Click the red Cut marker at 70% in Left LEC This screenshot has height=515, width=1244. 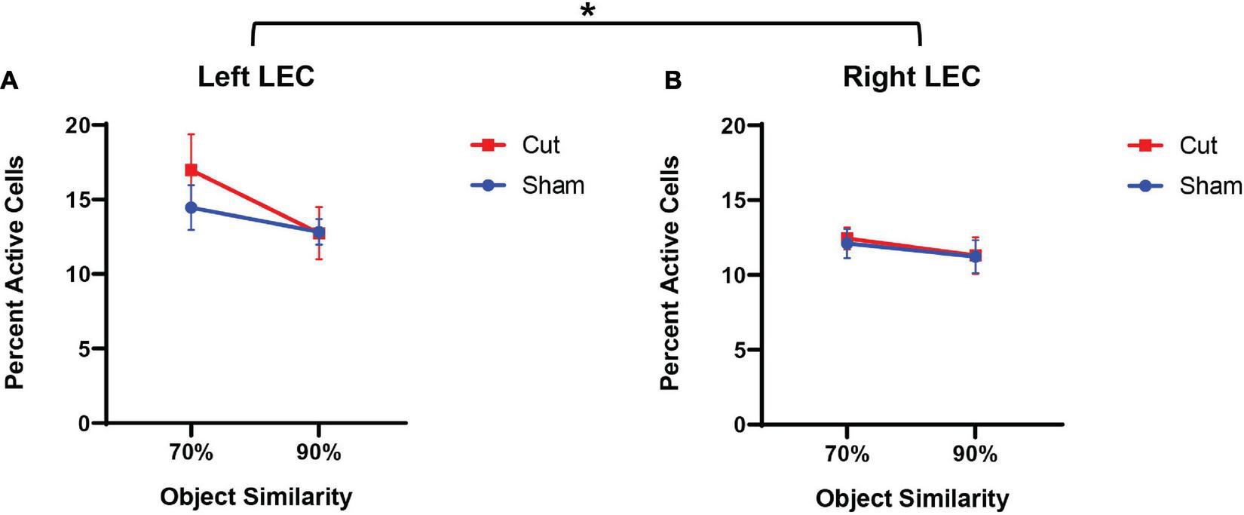click(x=192, y=170)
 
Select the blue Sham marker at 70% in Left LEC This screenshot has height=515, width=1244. click(x=192, y=207)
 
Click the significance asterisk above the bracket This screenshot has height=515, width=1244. click(x=587, y=11)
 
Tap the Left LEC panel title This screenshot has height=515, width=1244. click(x=256, y=77)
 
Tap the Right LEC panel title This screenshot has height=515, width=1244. click(x=912, y=77)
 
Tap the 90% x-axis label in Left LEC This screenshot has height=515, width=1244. click(x=318, y=452)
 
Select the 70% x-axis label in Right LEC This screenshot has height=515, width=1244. click(x=847, y=454)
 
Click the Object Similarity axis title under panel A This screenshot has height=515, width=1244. click(x=256, y=497)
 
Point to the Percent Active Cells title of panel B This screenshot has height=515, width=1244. click(x=669, y=274)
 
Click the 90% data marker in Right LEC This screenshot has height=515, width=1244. click(x=975, y=256)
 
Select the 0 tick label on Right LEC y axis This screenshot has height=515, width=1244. click(x=740, y=425)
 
